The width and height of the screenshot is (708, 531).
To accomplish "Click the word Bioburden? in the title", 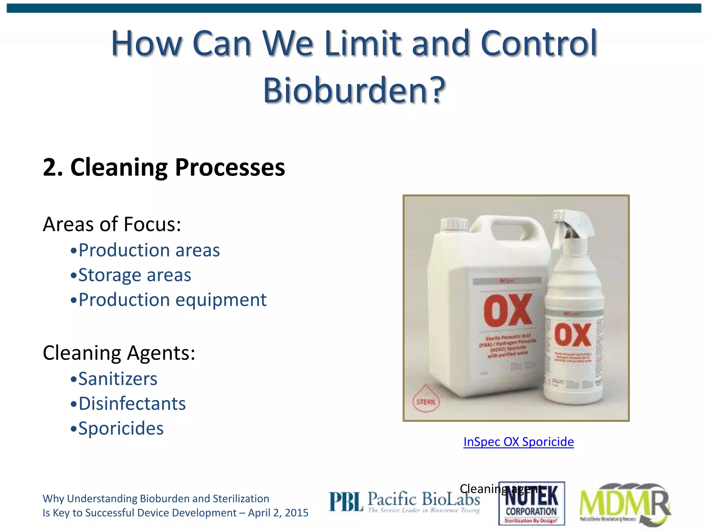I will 354,91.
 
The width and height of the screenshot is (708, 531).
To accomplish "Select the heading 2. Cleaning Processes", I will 164,167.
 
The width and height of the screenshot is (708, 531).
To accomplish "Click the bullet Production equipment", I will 172,300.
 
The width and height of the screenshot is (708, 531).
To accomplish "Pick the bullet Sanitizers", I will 118,379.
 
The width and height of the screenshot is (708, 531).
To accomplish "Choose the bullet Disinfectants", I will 132,404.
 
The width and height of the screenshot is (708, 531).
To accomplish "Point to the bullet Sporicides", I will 121,429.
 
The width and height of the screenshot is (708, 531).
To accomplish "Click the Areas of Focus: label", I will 112,224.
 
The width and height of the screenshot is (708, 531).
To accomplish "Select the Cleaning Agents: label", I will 119,353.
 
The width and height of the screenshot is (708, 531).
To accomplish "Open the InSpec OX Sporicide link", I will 518,442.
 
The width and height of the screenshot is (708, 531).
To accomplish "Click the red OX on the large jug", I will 507,310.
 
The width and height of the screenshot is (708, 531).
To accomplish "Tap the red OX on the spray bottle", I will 572,335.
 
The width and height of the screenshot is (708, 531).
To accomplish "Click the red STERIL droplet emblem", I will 426,399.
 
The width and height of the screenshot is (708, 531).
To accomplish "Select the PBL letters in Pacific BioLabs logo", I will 346,502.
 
